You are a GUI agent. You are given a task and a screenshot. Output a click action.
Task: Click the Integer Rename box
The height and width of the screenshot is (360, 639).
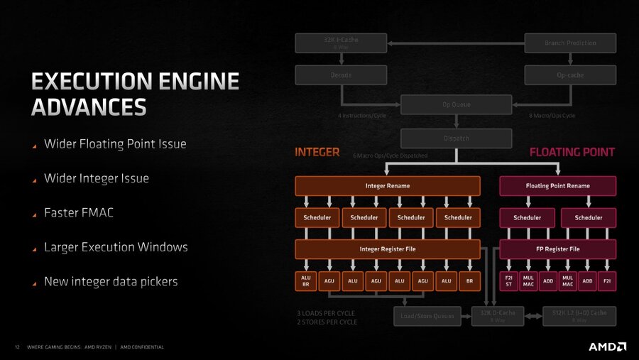388,186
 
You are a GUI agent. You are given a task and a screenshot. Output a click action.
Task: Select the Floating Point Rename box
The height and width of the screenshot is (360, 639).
557,186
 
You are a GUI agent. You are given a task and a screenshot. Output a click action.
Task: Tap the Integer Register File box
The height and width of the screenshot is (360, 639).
388,249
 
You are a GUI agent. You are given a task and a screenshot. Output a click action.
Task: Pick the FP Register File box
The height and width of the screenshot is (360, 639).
557,249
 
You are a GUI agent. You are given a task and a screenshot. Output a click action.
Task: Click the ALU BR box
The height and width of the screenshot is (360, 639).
305,281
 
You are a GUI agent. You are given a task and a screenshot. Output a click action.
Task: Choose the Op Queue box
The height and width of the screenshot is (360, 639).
456,105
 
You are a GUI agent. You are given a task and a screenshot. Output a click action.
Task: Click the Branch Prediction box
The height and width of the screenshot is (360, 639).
570,43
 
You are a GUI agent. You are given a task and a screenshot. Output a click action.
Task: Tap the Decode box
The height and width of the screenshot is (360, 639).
341,75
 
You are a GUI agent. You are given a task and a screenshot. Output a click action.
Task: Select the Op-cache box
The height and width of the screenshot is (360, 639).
570,75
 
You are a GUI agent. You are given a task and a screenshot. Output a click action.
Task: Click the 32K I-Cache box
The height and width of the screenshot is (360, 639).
341,43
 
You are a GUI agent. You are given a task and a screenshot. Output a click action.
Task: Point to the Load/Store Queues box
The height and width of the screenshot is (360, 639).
427,317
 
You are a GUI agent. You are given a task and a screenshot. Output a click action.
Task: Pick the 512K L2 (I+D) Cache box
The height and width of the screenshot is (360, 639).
579,316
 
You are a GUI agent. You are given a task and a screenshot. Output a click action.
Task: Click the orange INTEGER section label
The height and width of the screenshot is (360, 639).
317,152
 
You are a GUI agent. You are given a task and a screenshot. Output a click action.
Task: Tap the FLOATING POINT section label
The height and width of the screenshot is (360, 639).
572,152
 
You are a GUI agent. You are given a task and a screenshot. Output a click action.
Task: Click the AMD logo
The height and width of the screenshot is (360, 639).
607,347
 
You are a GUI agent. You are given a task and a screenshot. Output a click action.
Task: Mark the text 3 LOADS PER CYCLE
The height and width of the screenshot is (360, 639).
327,313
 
